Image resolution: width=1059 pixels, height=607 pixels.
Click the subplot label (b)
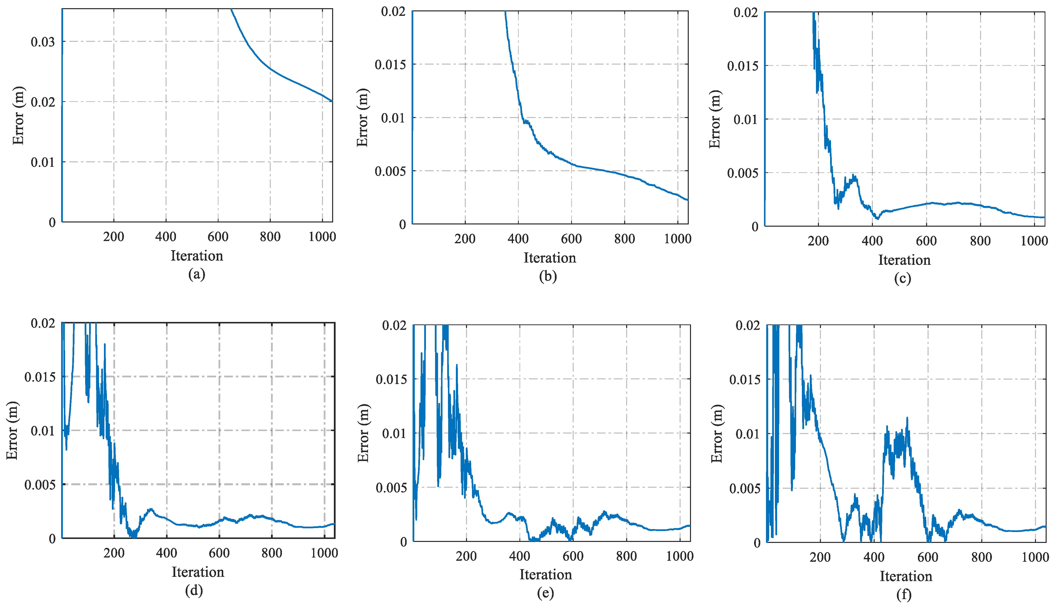(548, 276)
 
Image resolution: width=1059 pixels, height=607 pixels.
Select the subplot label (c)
(902, 278)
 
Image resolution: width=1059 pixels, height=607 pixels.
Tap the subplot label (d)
(194, 590)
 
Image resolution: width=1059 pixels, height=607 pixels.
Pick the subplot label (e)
(545, 593)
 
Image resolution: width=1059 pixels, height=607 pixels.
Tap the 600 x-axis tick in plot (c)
(926, 241)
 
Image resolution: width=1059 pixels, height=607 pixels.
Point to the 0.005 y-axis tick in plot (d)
(40, 485)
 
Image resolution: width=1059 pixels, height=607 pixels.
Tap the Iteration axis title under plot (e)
(545, 575)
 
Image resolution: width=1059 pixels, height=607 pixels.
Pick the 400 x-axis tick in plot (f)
(874, 558)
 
